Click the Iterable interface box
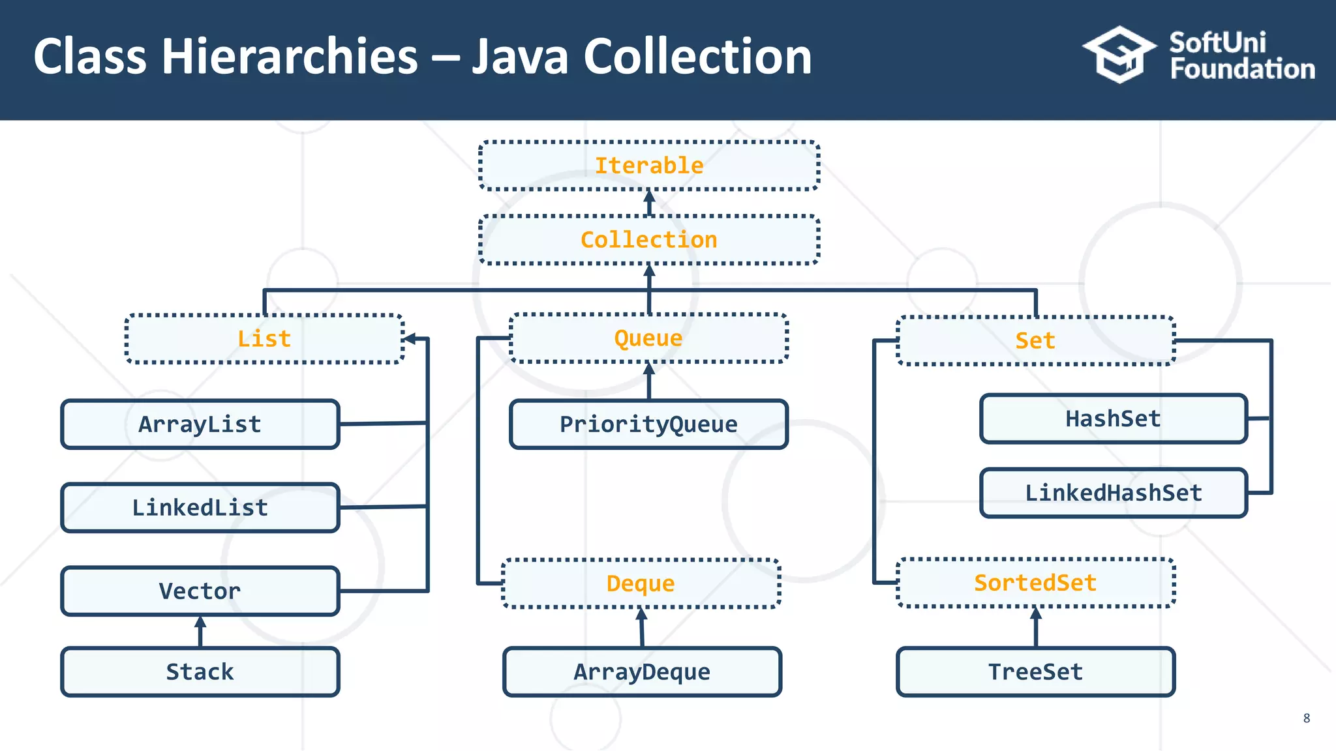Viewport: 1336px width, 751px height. click(649, 166)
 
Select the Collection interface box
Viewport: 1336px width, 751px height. click(649, 240)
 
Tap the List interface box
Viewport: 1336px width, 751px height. click(264, 339)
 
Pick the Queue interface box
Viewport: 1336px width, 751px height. click(648, 338)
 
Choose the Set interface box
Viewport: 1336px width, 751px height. click(1035, 341)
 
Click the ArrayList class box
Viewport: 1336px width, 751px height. click(200, 424)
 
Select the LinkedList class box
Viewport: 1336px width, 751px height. click(200, 508)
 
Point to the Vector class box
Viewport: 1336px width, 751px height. click(200, 591)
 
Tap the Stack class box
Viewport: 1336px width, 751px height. click(200, 672)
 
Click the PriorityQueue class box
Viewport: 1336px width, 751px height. click(648, 424)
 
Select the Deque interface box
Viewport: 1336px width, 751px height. click(641, 583)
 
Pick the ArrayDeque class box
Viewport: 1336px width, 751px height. click(642, 672)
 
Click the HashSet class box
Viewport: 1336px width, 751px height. click(1113, 419)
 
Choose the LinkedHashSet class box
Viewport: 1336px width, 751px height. click(1113, 493)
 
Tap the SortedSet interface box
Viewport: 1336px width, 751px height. click(1035, 583)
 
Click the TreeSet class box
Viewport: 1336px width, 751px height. click(1035, 672)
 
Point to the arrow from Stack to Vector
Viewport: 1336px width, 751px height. click(200, 631)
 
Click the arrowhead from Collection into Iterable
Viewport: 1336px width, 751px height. click(649, 196)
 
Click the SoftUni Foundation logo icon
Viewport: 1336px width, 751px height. click(1119, 55)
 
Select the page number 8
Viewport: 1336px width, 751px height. click(1306, 718)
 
